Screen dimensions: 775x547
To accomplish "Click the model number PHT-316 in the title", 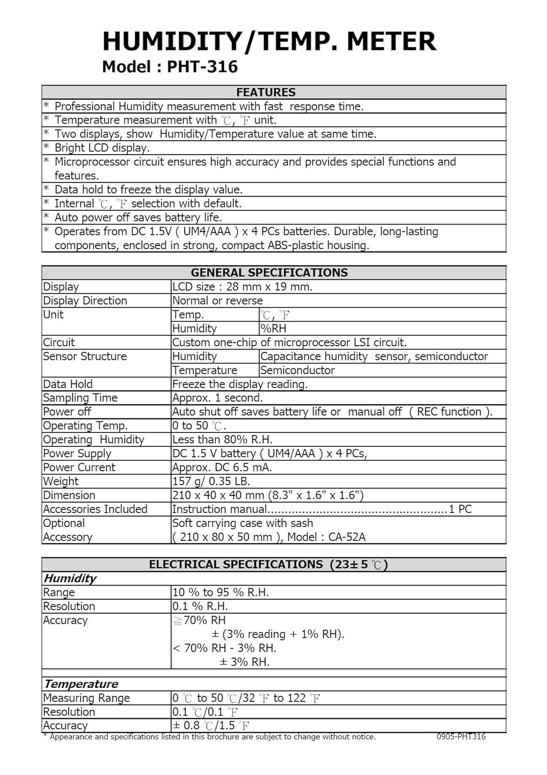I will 203,67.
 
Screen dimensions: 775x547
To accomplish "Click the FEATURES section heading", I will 266,92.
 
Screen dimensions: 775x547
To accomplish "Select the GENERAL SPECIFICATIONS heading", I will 269,273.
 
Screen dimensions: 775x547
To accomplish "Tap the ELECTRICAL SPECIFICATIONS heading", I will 268,565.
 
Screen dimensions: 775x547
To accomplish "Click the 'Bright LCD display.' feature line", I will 102,148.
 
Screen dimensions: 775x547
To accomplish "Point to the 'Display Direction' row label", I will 85,301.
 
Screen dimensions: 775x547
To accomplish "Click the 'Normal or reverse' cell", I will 217,301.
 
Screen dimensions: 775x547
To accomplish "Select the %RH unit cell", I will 273,329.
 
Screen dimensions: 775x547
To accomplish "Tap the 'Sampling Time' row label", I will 80,398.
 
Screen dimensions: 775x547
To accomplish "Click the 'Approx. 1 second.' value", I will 217,398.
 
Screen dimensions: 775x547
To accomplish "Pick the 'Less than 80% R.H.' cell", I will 222,440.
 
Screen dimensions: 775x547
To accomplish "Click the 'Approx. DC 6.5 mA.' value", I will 222,468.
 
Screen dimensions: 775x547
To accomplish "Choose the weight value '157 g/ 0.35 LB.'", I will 211,482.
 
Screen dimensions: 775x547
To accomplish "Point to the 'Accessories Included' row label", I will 95,509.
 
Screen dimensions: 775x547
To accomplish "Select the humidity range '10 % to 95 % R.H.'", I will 220,593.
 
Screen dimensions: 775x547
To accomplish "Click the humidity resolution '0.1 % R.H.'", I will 200,607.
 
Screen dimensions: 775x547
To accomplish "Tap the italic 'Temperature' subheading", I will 81,684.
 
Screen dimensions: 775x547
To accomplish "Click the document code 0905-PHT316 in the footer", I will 461,737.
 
